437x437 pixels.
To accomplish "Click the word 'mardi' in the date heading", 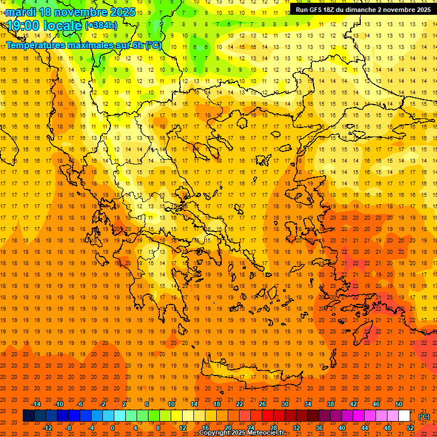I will [x=22, y=12].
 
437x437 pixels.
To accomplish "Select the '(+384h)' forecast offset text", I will [x=101, y=26].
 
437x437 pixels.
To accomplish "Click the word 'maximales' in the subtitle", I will [x=83, y=44].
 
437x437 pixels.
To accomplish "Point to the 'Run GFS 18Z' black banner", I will [x=362, y=9].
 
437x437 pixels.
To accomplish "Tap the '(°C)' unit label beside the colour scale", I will [x=423, y=417].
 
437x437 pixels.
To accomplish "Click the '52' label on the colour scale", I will [x=410, y=428].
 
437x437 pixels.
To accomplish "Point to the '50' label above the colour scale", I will [x=399, y=404].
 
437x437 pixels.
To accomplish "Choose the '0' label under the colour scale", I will [x=112, y=428].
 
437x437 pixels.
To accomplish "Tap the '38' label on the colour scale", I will [x=331, y=404].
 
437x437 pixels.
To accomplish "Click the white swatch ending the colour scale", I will [x=405, y=416].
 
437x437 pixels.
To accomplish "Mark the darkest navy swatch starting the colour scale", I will [x=28, y=416].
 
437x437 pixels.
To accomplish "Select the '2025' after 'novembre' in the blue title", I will [x=122, y=12].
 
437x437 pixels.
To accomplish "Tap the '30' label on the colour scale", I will [x=285, y=404].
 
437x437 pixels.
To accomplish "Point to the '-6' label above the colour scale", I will [x=80, y=404].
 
